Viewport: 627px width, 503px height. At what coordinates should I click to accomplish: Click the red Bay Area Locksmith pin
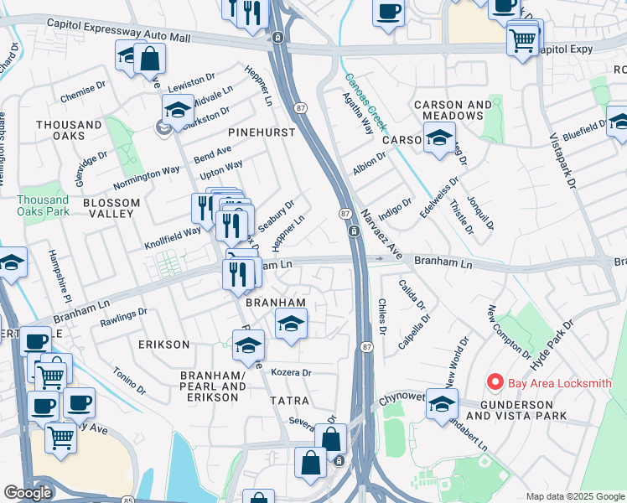[495, 383]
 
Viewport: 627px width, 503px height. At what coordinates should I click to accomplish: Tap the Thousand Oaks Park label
[43, 205]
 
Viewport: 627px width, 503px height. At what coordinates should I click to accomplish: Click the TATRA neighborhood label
[289, 401]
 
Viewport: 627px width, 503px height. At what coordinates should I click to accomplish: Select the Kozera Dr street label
[292, 372]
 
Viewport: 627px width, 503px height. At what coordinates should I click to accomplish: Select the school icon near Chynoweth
[441, 403]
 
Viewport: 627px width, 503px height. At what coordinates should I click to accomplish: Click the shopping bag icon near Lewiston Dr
[149, 58]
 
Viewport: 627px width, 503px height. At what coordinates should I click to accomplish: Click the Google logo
[28, 493]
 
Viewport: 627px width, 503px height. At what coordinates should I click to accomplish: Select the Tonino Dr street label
[129, 379]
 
